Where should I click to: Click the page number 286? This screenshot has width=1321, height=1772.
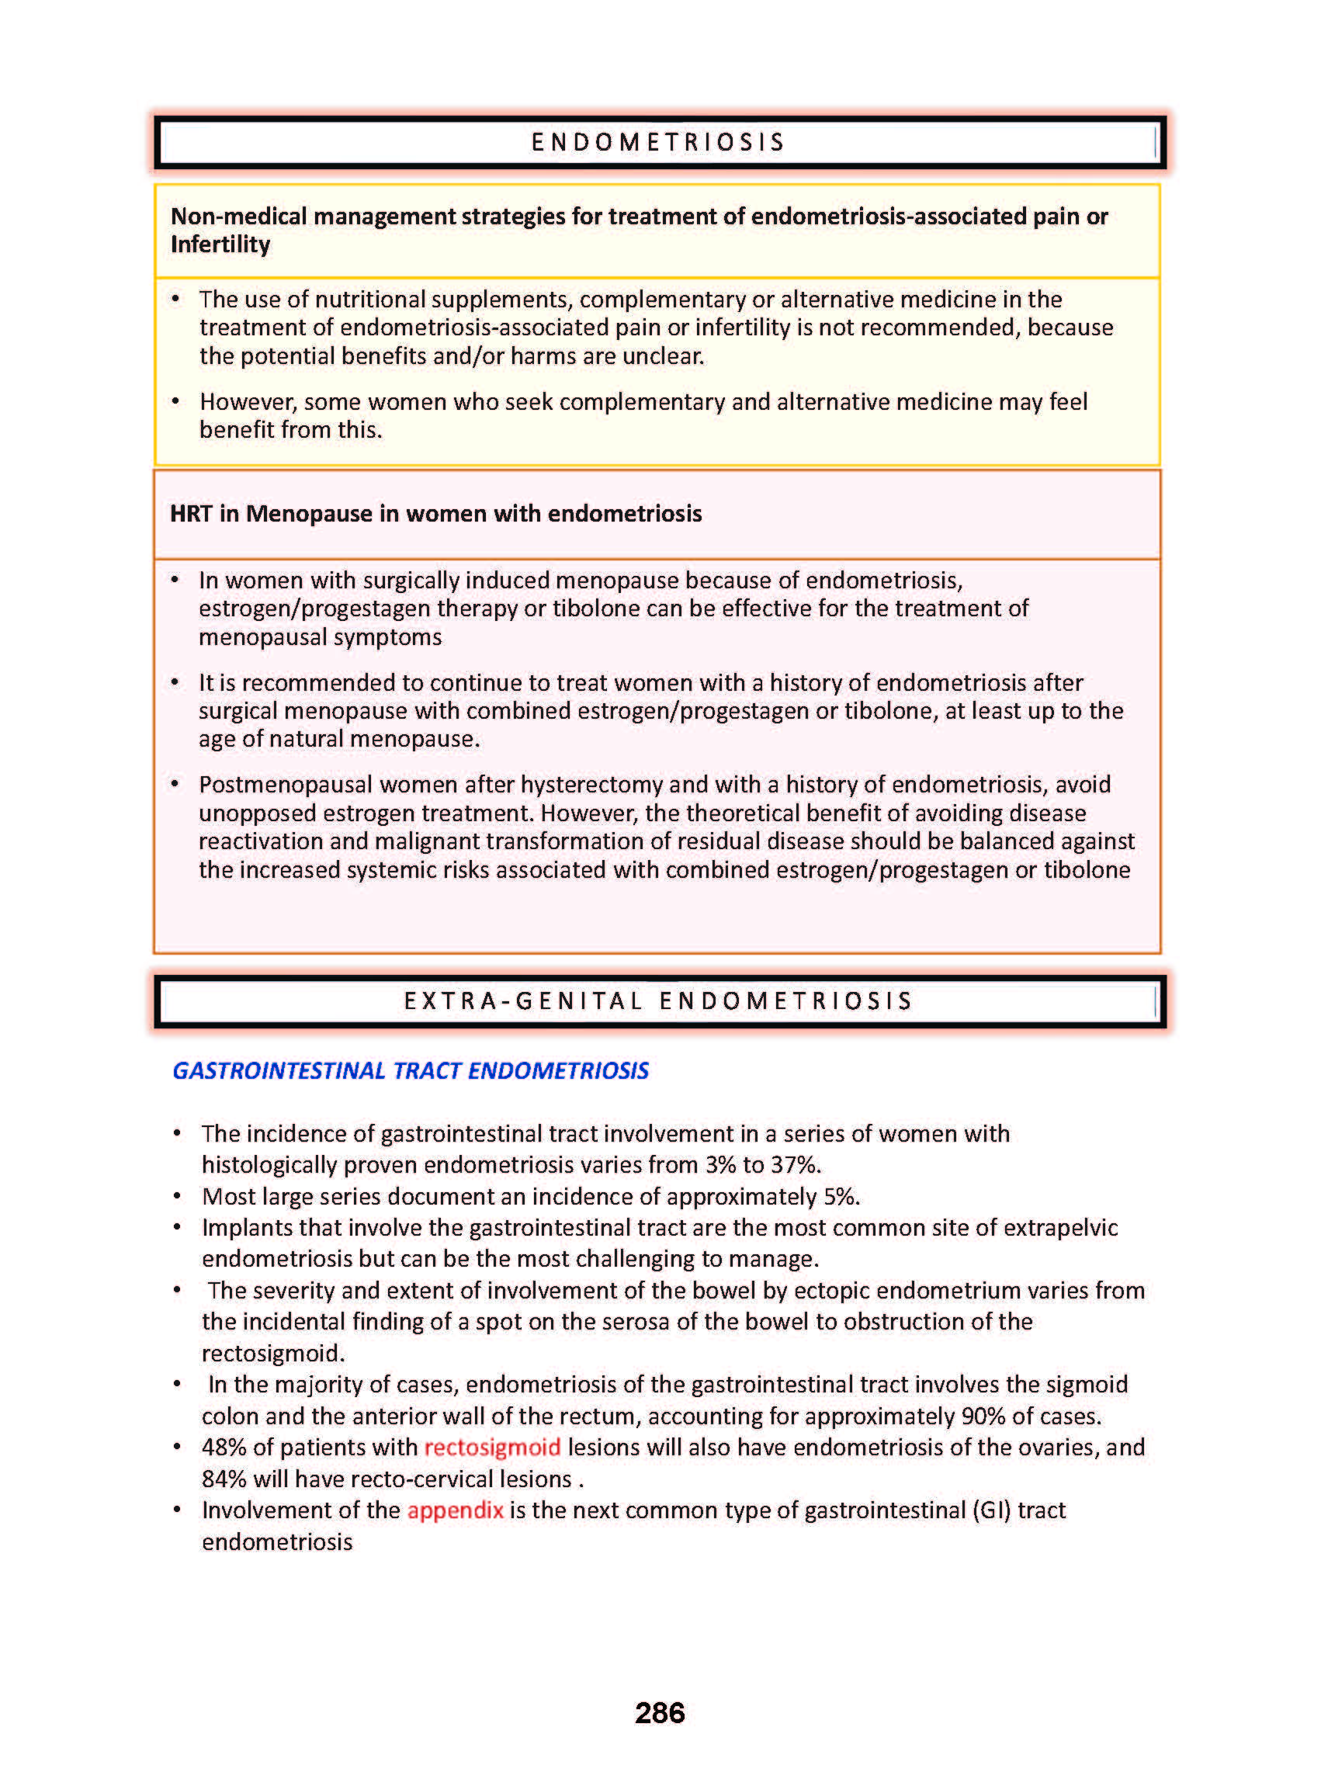660,1712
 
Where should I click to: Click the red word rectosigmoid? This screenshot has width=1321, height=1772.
492,1448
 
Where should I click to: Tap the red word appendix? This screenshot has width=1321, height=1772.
455,1510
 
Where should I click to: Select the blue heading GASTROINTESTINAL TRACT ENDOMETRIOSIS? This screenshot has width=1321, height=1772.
411,1070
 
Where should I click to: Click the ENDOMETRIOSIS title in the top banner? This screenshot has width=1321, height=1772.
658,142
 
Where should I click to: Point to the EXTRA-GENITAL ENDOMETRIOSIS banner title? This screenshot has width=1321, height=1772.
658,1001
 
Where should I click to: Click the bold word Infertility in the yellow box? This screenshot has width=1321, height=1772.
220,244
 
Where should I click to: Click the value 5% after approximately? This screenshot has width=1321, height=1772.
841,1196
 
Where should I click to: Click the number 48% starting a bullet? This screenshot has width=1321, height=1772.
224,1448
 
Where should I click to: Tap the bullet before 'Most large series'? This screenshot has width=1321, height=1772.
178,1196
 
